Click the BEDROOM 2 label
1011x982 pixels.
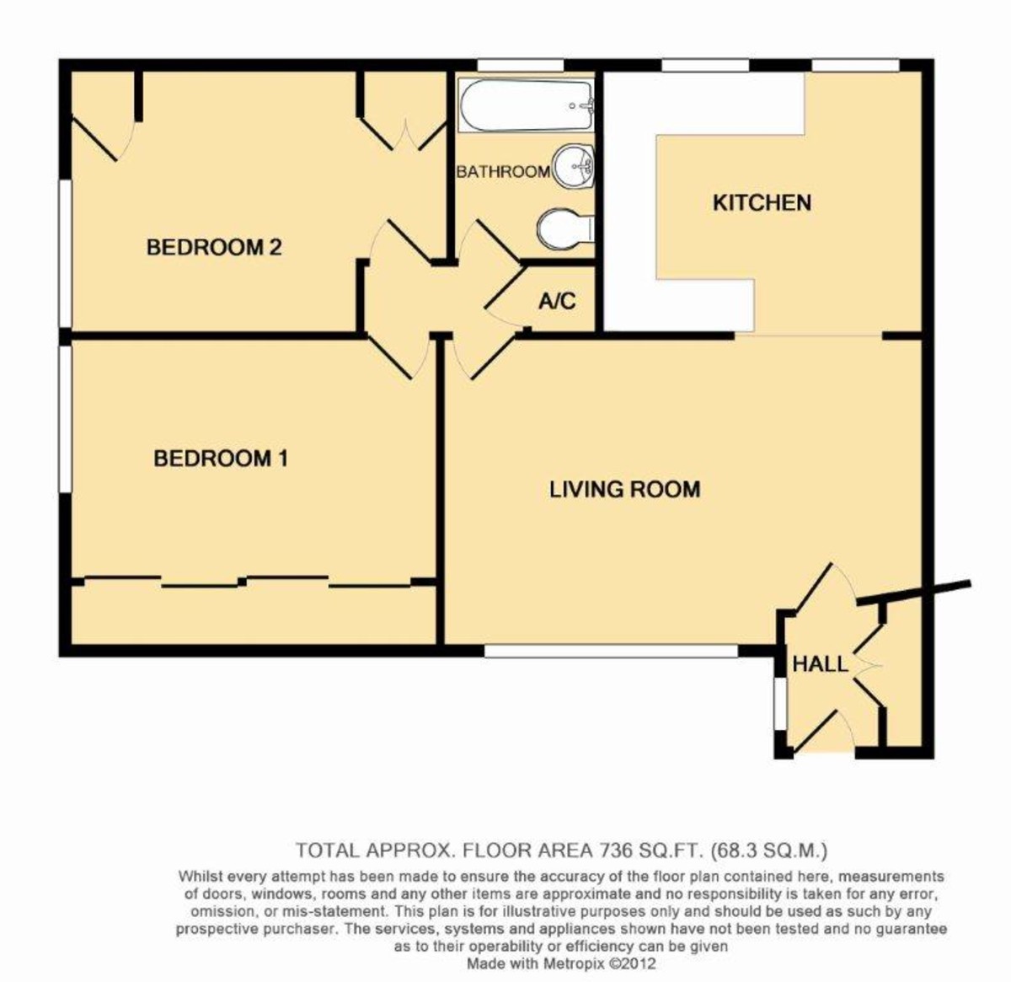pyautogui.click(x=213, y=247)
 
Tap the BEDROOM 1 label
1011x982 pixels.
pyautogui.click(x=221, y=459)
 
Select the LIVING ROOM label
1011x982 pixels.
pyautogui.click(x=624, y=489)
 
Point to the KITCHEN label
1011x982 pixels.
pyautogui.click(x=762, y=202)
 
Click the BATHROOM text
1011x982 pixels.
pyautogui.click(x=503, y=172)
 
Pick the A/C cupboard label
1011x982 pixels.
pyautogui.click(x=557, y=300)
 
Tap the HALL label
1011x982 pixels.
pyautogui.click(x=820, y=664)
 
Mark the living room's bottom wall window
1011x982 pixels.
pyautogui.click(x=611, y=651)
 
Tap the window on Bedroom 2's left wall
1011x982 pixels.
pyautogui.click(x=64, y=253)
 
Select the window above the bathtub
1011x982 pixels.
pyautogui.click(x=520, y=65)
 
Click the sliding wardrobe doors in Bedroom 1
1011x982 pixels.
pyautogui.click(x=253, y=581)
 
